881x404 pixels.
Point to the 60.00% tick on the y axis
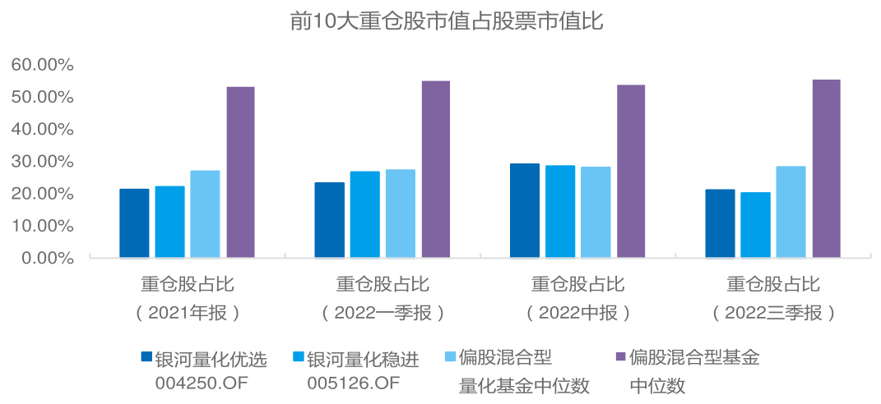click(43, 65)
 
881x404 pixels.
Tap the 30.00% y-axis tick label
click(43, 162)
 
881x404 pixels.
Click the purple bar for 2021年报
click(240, 172)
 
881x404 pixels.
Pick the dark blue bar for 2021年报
click(134, 223)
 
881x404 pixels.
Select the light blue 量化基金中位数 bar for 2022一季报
click(400, 213)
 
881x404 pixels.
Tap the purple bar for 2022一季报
click(435, 169)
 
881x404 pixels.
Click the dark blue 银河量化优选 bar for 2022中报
click(525, 210)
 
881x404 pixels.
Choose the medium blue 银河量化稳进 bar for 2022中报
click(560, 212)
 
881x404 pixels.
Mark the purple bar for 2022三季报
click(826, 168)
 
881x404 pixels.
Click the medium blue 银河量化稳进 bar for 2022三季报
click(755, 225)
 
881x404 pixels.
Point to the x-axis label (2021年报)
click(188, 313)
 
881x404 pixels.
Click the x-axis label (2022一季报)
click(383, 313)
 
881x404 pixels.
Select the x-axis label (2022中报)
click(578, 313)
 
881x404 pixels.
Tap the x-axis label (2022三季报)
click(773, 313)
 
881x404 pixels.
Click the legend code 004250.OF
click(202, 383)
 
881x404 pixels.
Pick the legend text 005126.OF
click(354, 383)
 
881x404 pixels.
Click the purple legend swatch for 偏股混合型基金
click(620, 356)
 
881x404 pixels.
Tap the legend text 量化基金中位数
click(524, 385)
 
